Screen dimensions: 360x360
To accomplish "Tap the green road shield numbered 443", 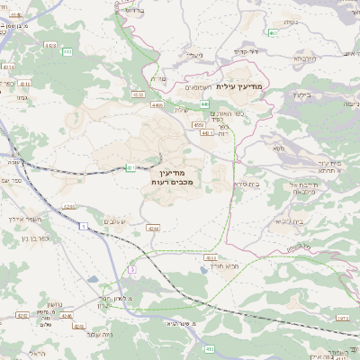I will pyautogui.click(x=67, y=52).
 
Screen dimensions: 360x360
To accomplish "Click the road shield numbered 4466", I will pyautogui.click(x=158, y=105).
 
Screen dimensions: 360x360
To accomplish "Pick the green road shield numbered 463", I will pyautogui.click(x=138, y=94).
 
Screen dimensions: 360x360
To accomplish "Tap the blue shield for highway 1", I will pyautogui.click(x=83, y=228).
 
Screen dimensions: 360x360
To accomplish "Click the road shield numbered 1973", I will pyautogui.click(x=342, y=318).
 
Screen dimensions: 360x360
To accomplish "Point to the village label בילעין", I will pyautogui.click(x=301, y=93).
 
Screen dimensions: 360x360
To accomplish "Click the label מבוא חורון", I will pyautogui.click(x=221, y=266).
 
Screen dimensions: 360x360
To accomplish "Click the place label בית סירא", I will pyautogui.click(x=247, y=184).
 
